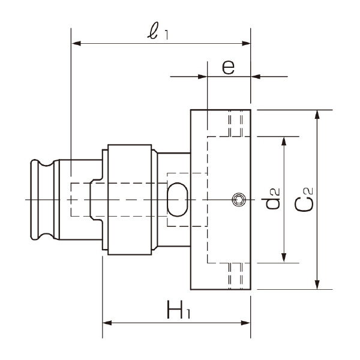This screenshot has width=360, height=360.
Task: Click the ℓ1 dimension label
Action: pyautogui.click(x=159, y=32)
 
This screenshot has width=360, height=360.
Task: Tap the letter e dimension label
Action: pyautogui.click(x=228, y=66)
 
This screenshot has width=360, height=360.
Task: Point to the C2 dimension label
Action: pyautogui.click(x=305, y=199)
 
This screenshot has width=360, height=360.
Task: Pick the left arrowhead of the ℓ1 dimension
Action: pyautogui.click(x=76, y=43)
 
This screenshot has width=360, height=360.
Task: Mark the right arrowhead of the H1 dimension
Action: pyautogui.click(x=246, y=323)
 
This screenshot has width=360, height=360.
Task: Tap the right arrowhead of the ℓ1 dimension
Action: pyautogui.click(x=246, y=43)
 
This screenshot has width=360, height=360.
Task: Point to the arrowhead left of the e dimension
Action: pyautogui.click(x=202, y=76)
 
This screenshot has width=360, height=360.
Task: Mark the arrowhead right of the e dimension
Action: pyautogui.click(x=256, y=76)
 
